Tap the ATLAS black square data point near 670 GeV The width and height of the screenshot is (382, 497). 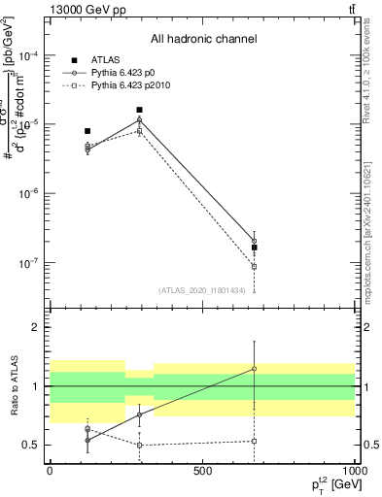point(254,248)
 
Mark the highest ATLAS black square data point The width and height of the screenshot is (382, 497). point(140,110)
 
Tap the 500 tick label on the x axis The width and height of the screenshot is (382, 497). point(202,470)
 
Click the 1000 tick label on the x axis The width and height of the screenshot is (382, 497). point(354,470)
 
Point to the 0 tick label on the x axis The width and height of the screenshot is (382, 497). point(50,470)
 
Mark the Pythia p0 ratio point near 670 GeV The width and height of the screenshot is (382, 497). point(254,369)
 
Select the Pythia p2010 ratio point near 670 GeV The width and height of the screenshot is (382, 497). point(254,441)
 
